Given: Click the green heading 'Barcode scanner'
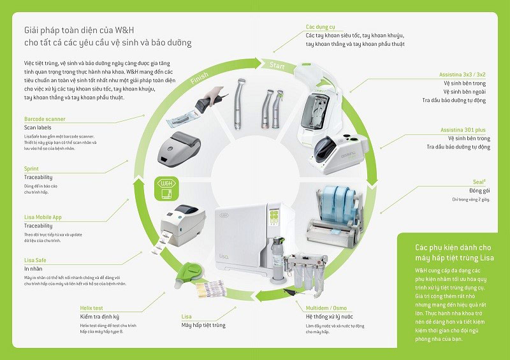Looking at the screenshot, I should point(45,119).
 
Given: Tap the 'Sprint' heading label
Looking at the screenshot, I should point(31,169).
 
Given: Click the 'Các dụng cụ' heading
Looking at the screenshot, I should point(320,27).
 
